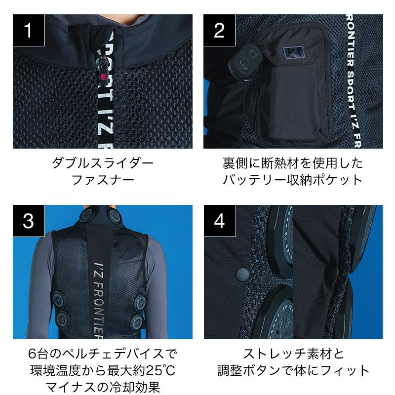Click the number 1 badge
coord(29,30)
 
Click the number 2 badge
coord(219,30)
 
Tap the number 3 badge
coord(29,221)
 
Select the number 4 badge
coord(220,221)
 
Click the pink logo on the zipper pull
coord(104,77)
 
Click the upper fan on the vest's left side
coord(59,299)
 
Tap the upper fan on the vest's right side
coord(140,302)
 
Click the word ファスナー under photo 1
coord(103,180)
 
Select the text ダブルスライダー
coord(103,163)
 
